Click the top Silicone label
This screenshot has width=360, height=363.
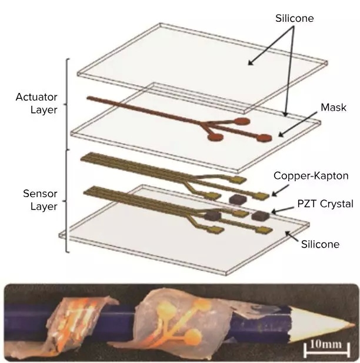[295, 18]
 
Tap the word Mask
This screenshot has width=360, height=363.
[334, 108]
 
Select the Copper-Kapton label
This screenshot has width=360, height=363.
[311, 175]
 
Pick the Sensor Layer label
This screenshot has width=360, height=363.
[39, 199]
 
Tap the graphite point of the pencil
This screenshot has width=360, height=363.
[352, 328]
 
